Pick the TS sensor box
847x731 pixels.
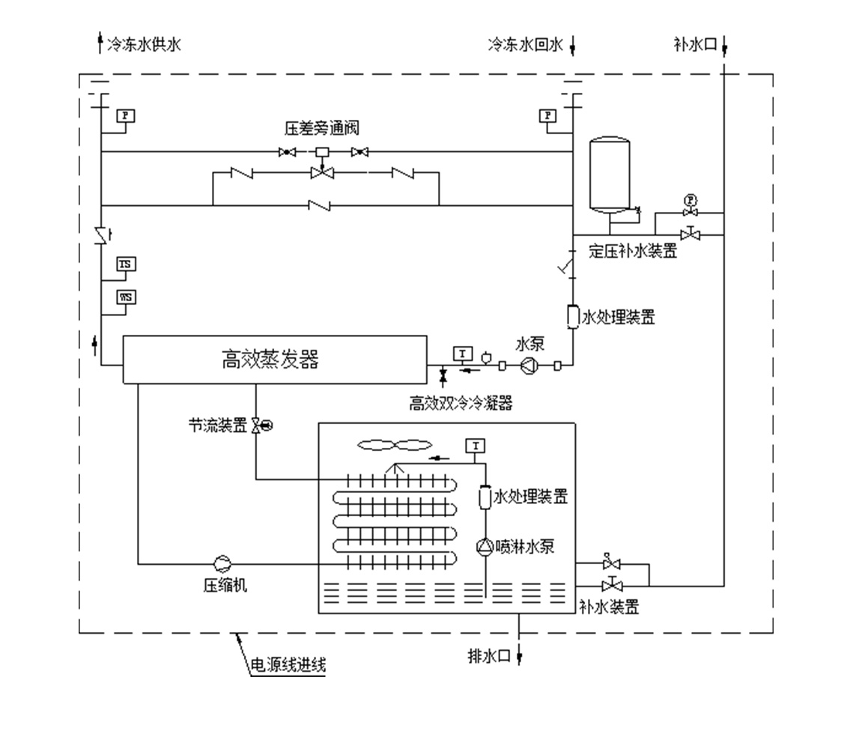tap(127, 264)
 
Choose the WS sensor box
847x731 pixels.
tap(127, 297)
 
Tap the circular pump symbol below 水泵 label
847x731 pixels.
tap(529, 365)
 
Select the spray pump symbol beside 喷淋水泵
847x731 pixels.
tap(485, 547)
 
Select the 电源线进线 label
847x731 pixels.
tap(288, 664)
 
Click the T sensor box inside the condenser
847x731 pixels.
tap(475, 446)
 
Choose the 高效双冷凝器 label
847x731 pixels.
tap(461, 403)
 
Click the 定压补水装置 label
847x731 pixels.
tap(632, 252)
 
